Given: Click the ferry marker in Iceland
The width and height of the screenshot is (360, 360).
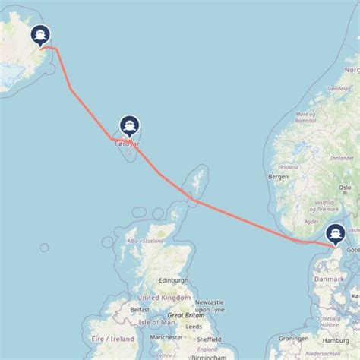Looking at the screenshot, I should point(40,35).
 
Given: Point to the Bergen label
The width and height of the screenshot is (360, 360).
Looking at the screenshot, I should point(278,175).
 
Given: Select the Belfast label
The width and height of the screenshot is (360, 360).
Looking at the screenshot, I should point(139,310).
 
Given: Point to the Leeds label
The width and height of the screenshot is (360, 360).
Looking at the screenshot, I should point(195,326).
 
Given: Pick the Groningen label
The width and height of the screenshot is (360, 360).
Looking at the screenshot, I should point(293,339).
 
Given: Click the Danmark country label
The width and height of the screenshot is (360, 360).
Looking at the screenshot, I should point(331,279).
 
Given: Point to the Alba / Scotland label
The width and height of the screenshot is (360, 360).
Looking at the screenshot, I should point(144,241).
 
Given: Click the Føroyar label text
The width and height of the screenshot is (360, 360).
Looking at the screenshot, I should point(127,142).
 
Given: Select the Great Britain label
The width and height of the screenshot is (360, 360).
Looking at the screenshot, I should point(185,315).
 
